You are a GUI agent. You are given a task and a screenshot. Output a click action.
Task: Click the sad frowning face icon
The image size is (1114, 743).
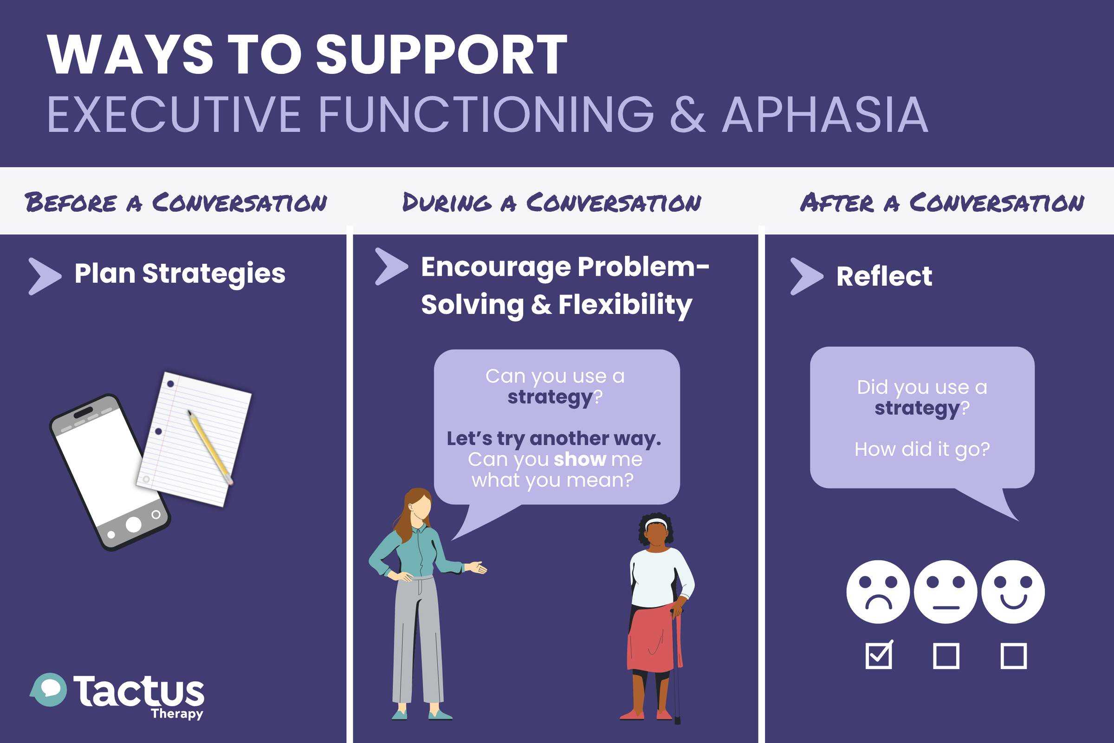[x=878, y=592]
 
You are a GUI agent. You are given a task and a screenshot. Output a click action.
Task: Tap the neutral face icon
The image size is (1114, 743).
[x=946, y=592]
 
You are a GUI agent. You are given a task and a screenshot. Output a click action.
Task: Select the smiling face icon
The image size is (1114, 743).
[x=1013, y=592]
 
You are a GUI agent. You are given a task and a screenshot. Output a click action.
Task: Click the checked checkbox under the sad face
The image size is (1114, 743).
[x=879, y=655]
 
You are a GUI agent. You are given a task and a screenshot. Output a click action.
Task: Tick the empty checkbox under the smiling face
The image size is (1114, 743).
[x=1014, y=656]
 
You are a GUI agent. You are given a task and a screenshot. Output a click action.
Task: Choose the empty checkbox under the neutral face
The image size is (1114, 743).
[x=946, y=656]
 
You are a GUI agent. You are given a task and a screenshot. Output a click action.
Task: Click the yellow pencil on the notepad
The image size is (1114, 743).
[x=210, y=447]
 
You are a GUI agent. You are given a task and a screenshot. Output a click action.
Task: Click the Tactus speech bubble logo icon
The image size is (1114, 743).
[x=48, y=690]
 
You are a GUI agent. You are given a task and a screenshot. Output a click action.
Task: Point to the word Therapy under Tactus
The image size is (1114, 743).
[x=177, y=714]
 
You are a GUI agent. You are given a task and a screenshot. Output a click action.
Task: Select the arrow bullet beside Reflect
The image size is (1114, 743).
[x=807, y=276]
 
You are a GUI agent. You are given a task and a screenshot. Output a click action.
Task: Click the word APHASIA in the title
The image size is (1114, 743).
[x=825, y=115]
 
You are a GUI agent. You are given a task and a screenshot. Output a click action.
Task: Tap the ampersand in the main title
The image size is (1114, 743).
[x=688, y=115]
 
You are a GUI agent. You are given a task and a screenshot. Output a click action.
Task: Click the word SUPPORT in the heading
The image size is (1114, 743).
[x=441, y=54]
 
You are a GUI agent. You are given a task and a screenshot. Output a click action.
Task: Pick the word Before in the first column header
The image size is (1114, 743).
[x=71, y=203]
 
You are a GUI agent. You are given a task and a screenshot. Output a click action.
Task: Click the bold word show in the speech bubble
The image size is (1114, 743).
[x=580, y=459]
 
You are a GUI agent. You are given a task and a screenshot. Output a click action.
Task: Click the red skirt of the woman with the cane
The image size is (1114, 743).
[x=654, y=638]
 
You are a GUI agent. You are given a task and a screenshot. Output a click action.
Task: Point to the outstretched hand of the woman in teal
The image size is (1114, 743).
[x=476, y=567]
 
